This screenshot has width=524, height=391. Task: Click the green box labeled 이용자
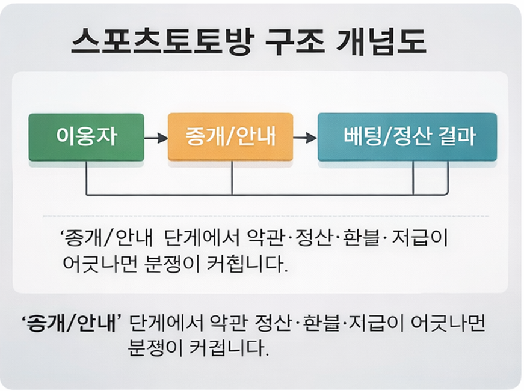click(86, 137)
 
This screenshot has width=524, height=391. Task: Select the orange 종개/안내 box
click(230, 137)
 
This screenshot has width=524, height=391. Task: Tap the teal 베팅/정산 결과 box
click(407, 137)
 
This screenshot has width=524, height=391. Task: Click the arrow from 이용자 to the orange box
click(156, 138)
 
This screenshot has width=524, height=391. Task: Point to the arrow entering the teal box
click(305, 138)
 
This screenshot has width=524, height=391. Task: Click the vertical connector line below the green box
click(87, 178)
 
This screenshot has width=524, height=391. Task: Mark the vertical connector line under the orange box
click(232, 178)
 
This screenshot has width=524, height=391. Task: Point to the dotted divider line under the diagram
click(265, 216)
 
